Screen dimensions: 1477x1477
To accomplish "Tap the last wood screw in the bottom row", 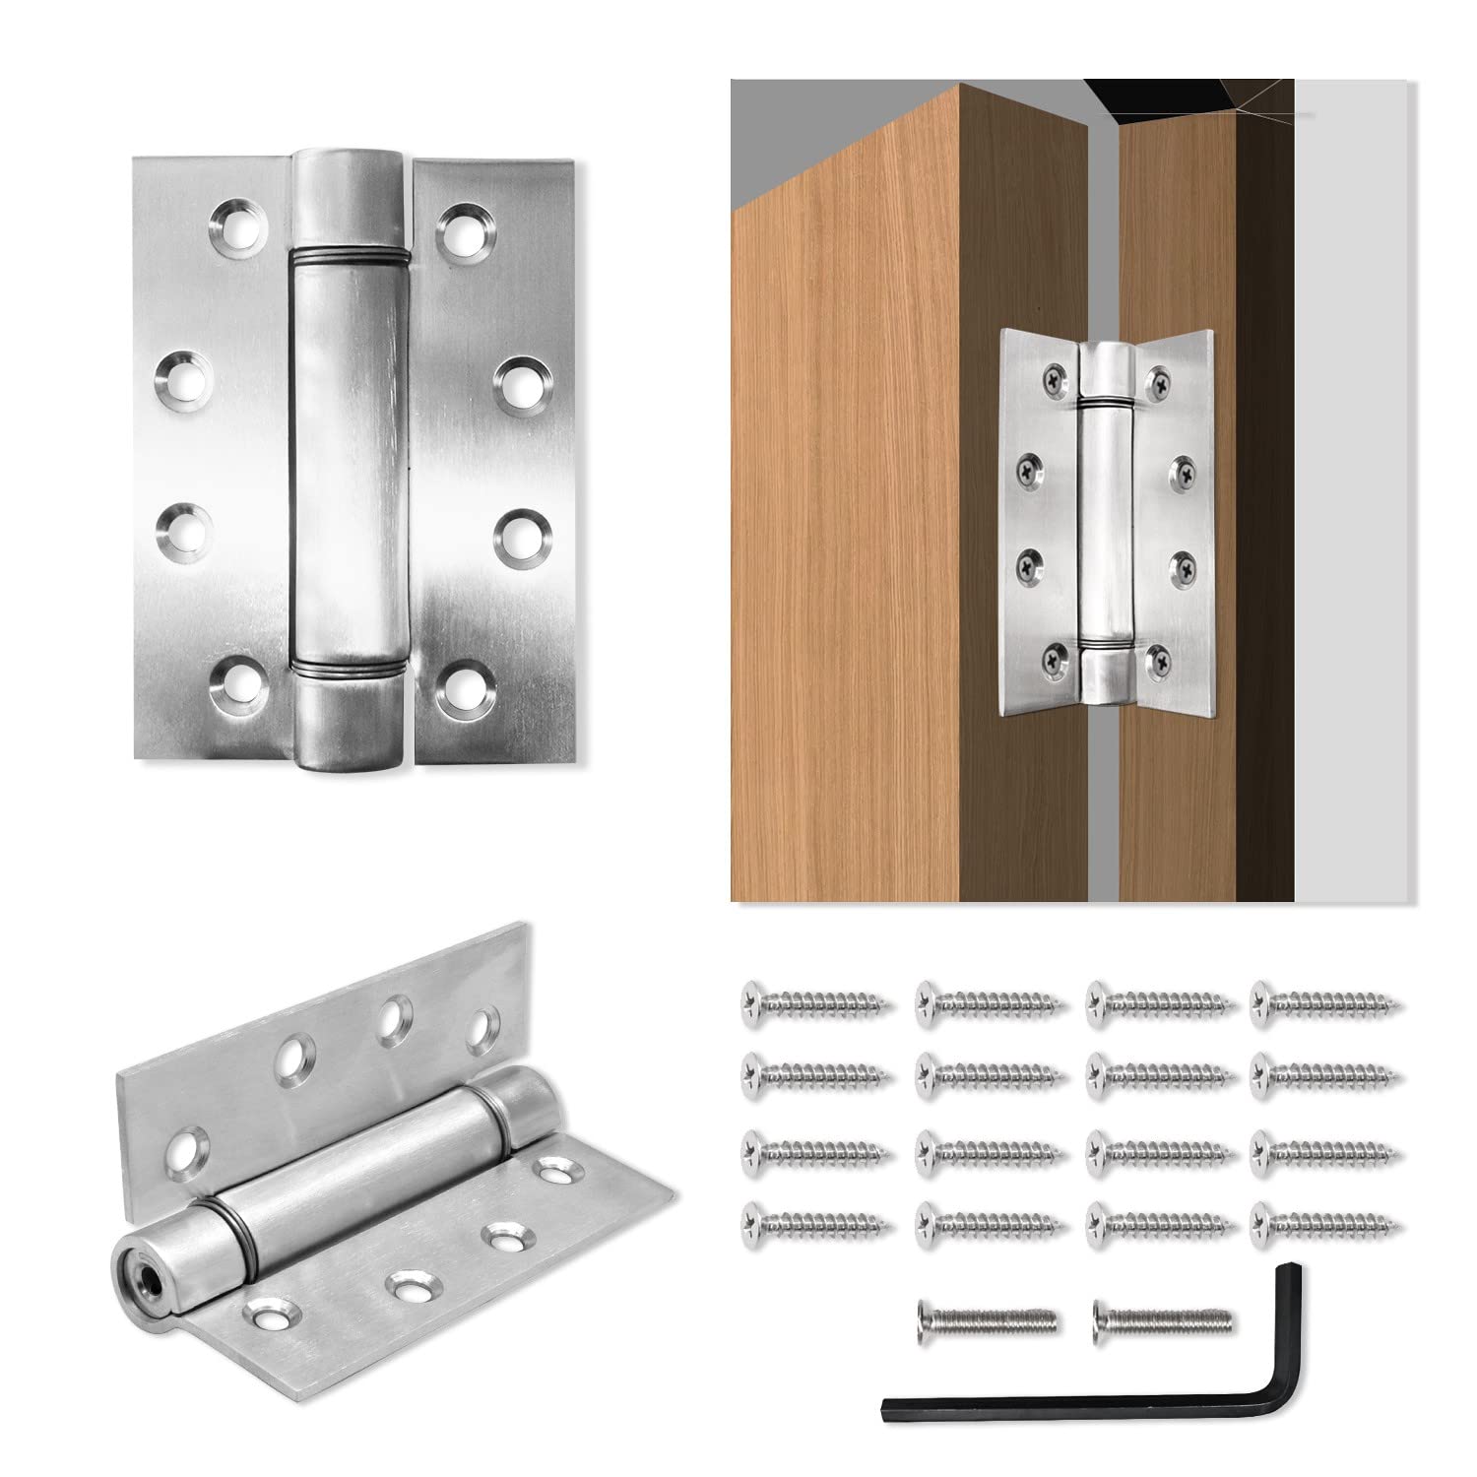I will click(x=1326, y=1224).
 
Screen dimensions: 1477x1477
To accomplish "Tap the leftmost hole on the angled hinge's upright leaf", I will click(x=186, y=1148).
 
